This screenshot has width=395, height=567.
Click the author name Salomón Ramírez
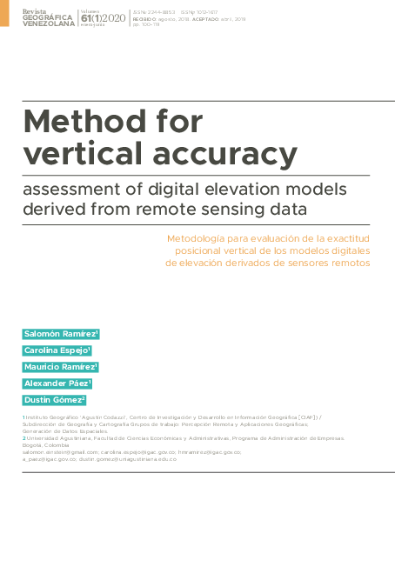tap(61, 334)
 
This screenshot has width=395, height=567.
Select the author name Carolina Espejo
tap(57, 350)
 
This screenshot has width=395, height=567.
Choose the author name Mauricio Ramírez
tap(60, 367)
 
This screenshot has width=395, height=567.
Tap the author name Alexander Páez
tap(57, 384)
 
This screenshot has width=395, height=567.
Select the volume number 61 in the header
tap(85, 17)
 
